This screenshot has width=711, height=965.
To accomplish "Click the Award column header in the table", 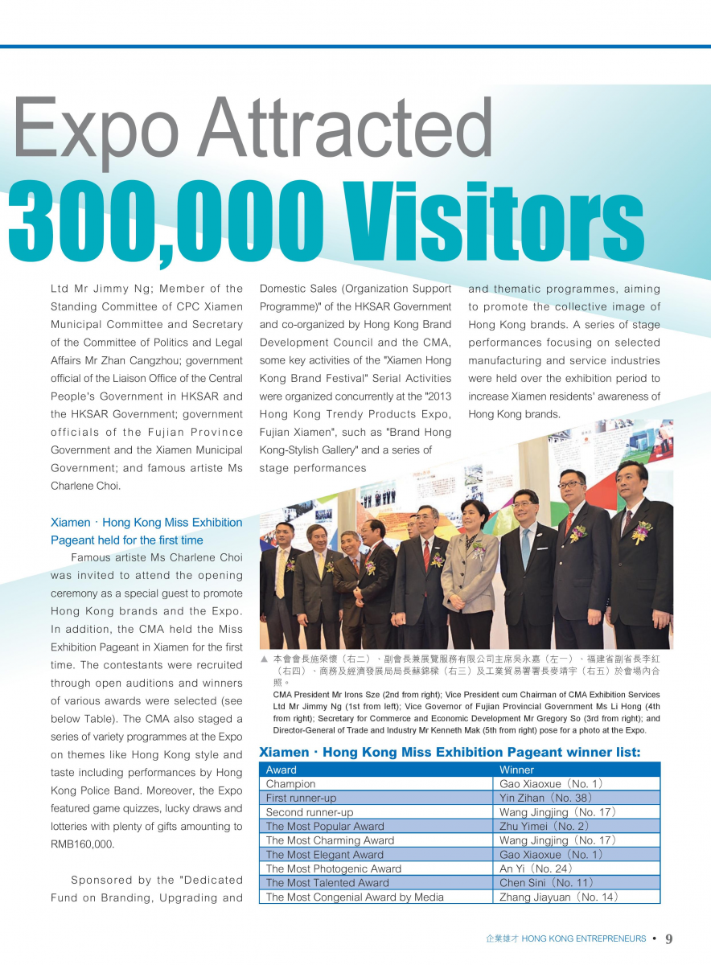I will coord(282,770).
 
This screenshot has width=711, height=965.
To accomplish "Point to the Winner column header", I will coord(516,770).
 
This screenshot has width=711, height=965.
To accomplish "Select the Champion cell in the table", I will coord(291,784).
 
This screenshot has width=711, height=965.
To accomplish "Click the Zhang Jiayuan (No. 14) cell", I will coord(557,897).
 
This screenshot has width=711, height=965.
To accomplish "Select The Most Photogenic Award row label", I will coord(333,868).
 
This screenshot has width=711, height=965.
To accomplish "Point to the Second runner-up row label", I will coord(310,812).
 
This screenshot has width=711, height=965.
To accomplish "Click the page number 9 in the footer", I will coord(669,938).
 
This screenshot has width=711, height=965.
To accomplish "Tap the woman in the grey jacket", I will coord(471,563).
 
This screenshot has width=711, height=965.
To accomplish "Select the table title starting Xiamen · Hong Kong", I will coord(450,753).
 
